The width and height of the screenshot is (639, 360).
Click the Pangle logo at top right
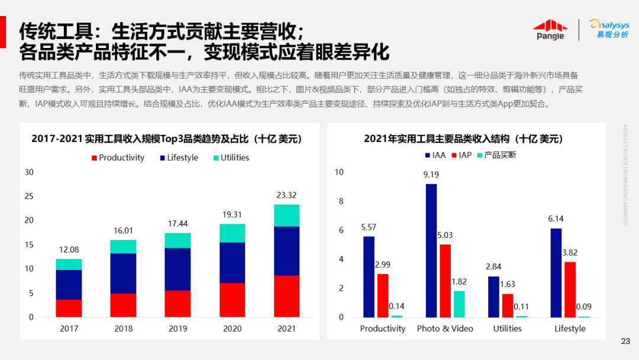click(550, 30)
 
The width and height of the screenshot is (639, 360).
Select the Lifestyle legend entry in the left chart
click(179, 157)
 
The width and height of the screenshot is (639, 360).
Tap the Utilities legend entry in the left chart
click(231, 157)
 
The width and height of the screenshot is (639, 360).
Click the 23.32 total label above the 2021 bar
click(286, 195)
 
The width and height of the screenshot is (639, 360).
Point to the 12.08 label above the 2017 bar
click(69, 249)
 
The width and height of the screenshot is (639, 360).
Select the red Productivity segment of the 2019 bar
click(177, 303)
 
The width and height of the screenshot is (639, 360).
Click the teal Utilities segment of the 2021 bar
click(286, 216)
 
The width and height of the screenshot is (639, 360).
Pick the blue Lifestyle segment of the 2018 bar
click(123, 274)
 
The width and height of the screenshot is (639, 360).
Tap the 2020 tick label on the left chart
click(232, 328)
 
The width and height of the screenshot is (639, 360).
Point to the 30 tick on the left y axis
click(29, 172)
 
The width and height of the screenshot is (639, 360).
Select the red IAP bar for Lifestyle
click(570, 290)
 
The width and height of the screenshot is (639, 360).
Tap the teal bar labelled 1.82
click(459, 304)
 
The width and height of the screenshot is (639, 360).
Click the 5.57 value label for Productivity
click(369, 227)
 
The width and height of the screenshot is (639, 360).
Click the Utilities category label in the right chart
click(508, 328)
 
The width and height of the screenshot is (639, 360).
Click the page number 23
click(625, 341)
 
